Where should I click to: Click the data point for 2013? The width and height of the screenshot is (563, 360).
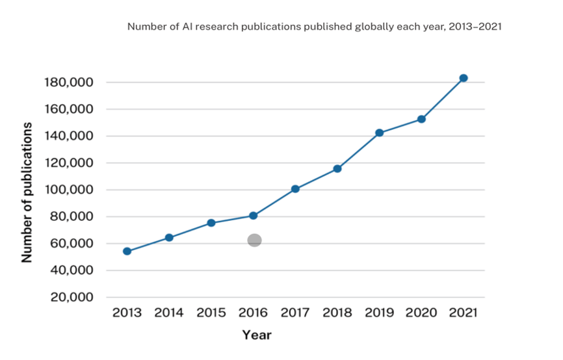click(127, 251)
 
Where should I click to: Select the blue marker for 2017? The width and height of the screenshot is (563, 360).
click(295, 189)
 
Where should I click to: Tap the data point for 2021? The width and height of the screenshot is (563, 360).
click(464, 78)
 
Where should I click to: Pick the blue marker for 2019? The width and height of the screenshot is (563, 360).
click(379, 133)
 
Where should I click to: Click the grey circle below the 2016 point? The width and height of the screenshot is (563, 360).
click(254, 240)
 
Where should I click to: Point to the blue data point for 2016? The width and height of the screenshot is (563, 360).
click(254, 216)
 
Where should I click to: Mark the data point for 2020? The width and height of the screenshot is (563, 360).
click(421, 119)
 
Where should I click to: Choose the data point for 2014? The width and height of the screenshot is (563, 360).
click(169, 238)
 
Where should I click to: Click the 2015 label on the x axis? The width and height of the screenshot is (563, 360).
click(211, 313)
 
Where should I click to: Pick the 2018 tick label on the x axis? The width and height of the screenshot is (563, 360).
click(337, 313)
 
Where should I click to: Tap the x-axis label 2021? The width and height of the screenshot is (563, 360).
click(463, 313)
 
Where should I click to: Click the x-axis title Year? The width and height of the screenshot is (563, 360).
click(257, 335)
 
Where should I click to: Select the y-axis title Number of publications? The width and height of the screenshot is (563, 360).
click(27, 192)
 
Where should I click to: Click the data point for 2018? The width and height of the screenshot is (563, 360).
click(337, 169)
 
